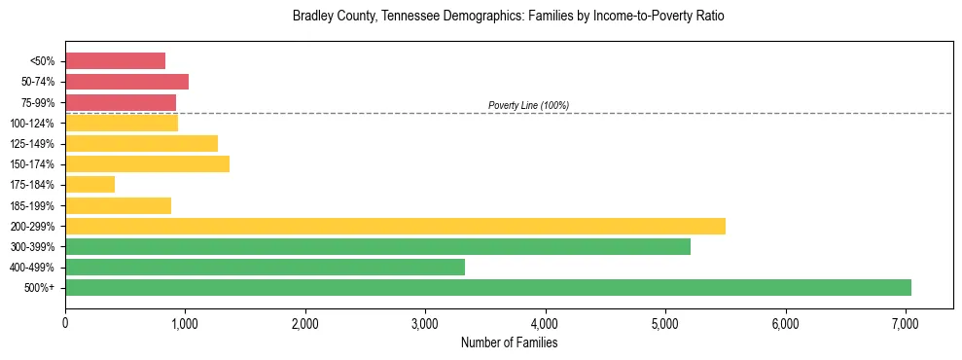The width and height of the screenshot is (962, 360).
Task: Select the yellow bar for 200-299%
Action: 395,226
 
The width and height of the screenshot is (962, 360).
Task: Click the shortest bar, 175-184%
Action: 89,184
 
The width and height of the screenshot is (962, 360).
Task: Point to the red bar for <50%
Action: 115,60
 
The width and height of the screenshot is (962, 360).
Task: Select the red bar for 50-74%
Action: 126,82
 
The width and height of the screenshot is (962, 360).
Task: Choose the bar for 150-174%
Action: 147,163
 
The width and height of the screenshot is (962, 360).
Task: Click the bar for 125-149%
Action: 141,143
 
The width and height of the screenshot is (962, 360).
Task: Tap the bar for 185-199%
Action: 118,205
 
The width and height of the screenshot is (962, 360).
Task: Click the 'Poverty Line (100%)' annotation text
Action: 528,105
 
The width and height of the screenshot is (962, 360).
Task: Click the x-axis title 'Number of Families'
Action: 509,342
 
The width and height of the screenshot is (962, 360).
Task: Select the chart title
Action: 509,17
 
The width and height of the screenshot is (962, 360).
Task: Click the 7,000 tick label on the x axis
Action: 906,323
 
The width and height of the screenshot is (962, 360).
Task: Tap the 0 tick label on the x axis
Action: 65,323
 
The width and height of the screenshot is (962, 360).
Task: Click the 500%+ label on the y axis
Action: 40,287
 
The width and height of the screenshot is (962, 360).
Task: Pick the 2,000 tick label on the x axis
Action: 305,323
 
